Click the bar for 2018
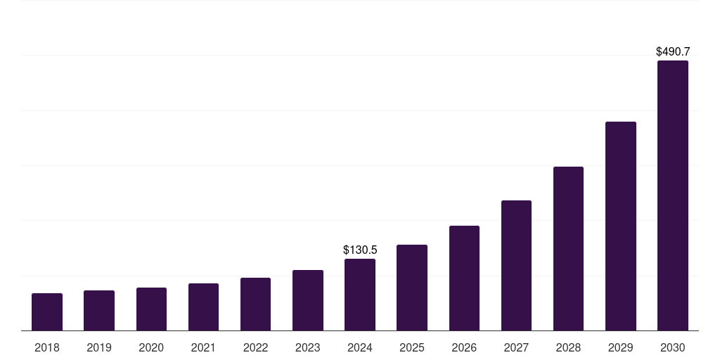tap(47, 312)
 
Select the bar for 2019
tap(99, 311)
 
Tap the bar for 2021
tap(203, 307)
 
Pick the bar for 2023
tap(308, 300)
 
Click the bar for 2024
tap(360, 295)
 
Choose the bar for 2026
tap(464, 278)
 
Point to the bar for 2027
tap(516, 266)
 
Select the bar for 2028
tap(568, 249)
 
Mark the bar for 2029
tap(621, 226)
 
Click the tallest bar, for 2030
tap(673, 195)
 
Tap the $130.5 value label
tap(360, 250)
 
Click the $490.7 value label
tap(673, 51)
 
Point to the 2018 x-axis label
tap(47, 347)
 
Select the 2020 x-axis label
tap(151, 347)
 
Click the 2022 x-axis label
tap(255, 347)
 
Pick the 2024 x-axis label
tap(360, 347)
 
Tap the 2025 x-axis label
tap(412, 347)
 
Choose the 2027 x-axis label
tap(516, 347)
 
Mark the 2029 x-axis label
tap(621, 347)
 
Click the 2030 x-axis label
tap(673, 347)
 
